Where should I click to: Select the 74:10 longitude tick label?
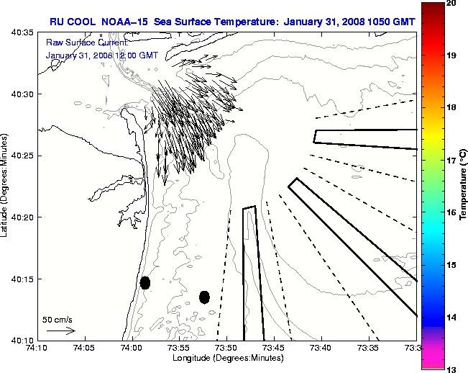point(38,348)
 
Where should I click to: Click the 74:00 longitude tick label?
point(132,348)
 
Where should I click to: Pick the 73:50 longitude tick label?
point(226,348)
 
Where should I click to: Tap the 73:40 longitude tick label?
point(321,348)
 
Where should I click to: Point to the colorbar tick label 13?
point(452,369)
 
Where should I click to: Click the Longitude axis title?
point(226,358)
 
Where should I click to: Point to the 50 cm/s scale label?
point(58,319)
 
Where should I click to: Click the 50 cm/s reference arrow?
point(61,331)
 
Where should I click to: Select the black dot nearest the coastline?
point(145,282)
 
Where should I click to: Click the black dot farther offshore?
point(204,297)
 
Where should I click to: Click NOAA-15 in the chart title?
point(124,20)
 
